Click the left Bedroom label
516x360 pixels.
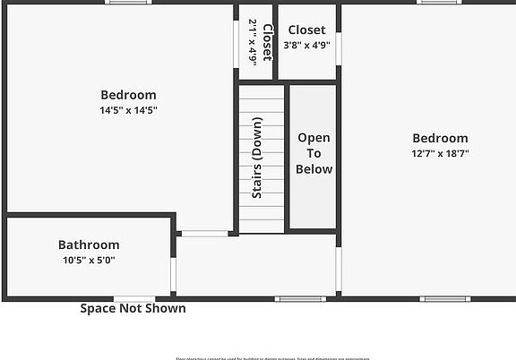tap(128, 95)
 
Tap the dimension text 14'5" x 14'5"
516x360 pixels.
tap(128, 110)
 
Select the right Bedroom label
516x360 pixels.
tap(440, 138)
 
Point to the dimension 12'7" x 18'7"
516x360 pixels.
tap(440, 153)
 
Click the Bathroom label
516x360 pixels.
tap(89, 244)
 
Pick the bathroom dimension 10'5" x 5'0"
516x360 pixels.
tap(89, 261)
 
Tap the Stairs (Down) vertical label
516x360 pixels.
tap(257, 158)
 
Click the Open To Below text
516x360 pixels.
tap(314, 153)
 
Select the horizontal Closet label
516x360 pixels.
tap(306, 30)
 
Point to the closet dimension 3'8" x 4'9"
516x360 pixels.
tap(306, 45)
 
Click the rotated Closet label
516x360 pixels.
tap(266, 42)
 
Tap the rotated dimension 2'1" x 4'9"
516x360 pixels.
tap(253, 42)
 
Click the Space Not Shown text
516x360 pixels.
tap(133, 308)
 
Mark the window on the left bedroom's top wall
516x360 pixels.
tap(128, 3)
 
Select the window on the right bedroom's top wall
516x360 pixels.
tap(440, 3)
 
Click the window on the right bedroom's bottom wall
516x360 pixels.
tap(444, 298)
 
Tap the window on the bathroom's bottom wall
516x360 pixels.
tap(133, 298)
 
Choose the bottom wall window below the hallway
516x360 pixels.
tap(300, 298)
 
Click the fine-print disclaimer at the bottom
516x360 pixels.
tap(257, 357)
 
